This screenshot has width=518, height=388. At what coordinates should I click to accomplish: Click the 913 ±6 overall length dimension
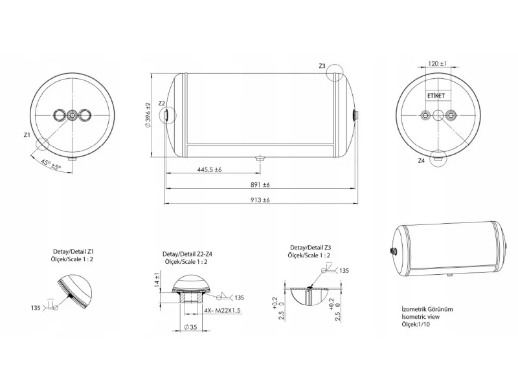click(x=260, y=200)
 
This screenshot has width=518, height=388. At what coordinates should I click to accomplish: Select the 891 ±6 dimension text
click(x=260, y=185)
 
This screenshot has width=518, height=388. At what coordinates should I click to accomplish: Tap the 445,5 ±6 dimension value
click(x=209, y=169)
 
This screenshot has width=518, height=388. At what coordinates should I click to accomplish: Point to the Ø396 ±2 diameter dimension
click(x=148, y=115)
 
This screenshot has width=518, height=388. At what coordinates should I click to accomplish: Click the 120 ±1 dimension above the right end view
click(x=438, y=63)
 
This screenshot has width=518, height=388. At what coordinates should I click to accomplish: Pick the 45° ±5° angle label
click(x=51, y=165)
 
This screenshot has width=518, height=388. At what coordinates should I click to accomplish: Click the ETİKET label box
click(x=436, y=96)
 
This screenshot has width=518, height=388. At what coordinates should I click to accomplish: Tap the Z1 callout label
click(x=27, y=135)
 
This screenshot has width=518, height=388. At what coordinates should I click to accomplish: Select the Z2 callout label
click(x=161, y=103)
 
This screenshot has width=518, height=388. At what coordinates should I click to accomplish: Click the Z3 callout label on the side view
click(x=322, y=66)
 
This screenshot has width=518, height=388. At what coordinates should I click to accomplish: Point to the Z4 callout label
click(x=421, y=161)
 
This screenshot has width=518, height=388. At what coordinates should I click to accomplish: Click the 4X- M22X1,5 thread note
click(x=222, y=310)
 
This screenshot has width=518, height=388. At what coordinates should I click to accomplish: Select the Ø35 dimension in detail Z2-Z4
click(x=190, y=327)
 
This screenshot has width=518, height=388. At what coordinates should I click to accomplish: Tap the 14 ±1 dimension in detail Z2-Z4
click(x=157, y=281)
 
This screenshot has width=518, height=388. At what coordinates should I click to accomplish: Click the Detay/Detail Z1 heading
click(x=74, y=252)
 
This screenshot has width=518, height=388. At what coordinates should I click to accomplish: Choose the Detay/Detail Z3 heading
click(x=311, y=248)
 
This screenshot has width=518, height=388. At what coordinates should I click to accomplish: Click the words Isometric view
click(x=420, y=317)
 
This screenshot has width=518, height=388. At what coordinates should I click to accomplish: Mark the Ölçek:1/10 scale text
click(x=416, y=325)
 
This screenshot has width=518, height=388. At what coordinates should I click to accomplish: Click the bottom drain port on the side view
click(x=260, y=159)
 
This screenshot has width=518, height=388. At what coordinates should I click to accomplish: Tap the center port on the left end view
click(x=72, y=115)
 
